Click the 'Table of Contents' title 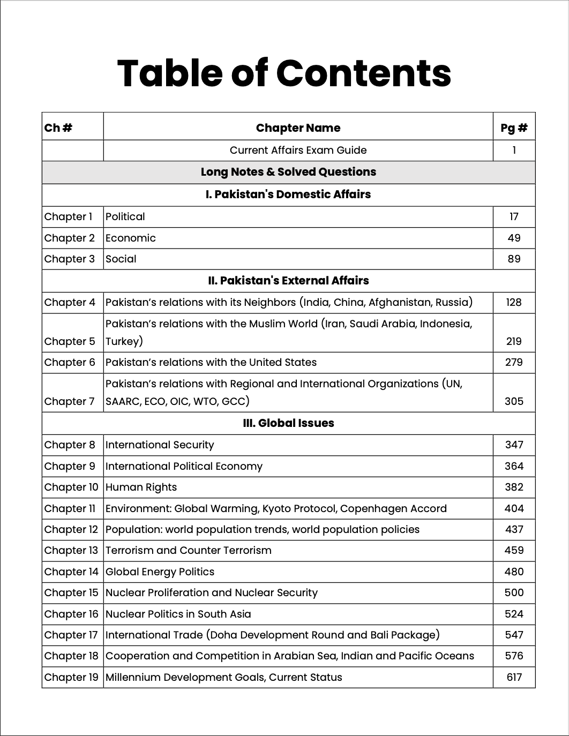(284, 73)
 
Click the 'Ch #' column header (58, 127)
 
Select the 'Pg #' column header (513, 127)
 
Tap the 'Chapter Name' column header (298, 127)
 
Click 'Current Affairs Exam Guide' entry (298, 151)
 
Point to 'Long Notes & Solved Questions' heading (288, 172)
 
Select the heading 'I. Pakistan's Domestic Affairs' (288, 194)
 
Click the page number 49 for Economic (513, 238)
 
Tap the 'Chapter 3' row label (69, 259)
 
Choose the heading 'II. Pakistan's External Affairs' (288, 281)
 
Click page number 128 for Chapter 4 (513, 303)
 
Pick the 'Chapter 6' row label (69, 363)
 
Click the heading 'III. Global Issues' (288, 423)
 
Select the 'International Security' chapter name (160, 445)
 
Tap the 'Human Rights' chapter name (141, 487)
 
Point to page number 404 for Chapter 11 (513, 508)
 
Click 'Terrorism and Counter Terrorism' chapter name (188, 551)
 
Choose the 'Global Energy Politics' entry (160, 572)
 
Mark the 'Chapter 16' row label (71, 614)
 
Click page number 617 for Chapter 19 (513, 677)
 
